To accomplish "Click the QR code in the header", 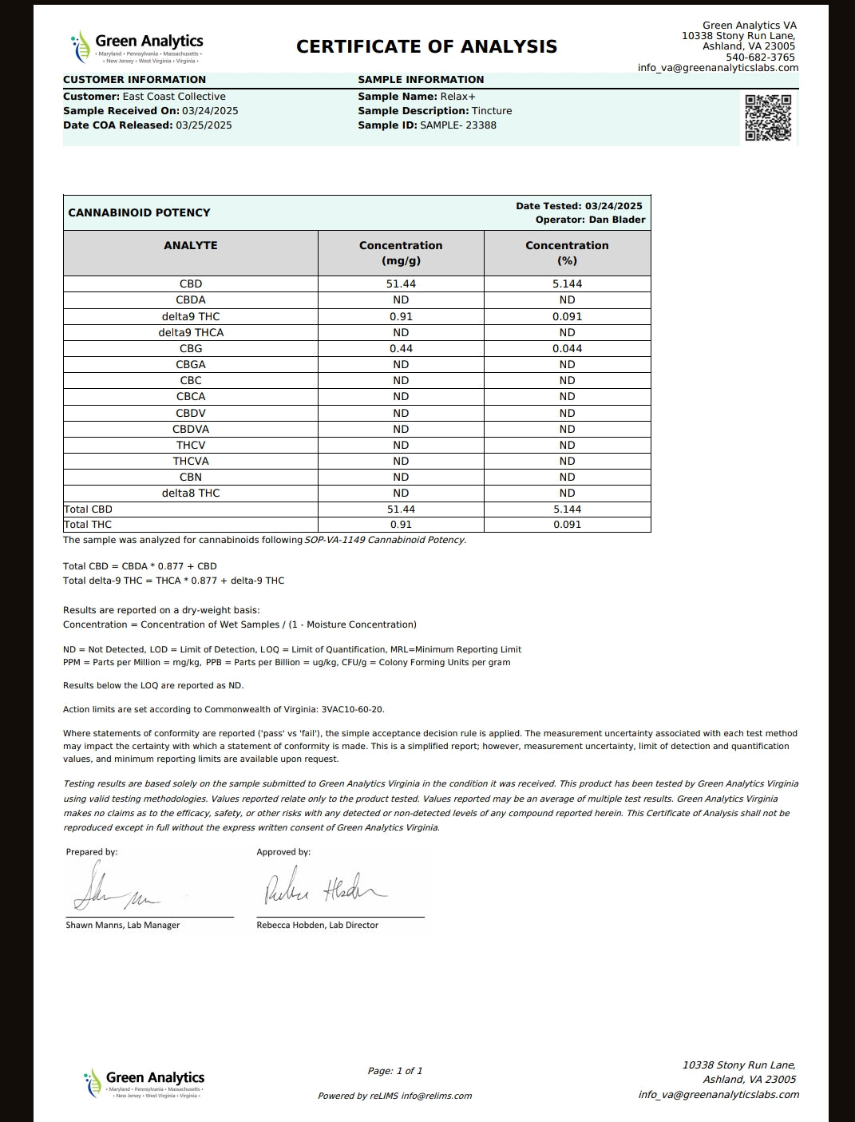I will click(768, 117).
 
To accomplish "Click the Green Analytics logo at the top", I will click(137, 47).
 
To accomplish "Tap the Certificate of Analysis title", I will click(426, 46).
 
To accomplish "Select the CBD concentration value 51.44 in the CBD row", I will click(401, 283).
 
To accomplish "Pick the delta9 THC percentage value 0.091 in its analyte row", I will click(567, 316).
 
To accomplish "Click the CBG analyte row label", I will click(191, 348).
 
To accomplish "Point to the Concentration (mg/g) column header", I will click(401, 252).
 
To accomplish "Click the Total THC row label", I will click(88, 525).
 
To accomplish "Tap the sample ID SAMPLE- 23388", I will click(458, 125).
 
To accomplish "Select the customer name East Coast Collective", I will click(174, 97).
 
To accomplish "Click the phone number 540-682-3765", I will click(760, 57).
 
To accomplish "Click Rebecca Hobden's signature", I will click(323, 887).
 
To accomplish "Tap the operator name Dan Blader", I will click(617, 220).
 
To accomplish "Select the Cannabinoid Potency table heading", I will click(139, 212).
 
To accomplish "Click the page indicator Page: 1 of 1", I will click(395, 1071).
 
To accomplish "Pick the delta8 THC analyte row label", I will click(191, 493).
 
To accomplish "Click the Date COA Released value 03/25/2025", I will click(204, 125).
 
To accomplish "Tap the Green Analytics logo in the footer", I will click(144, 1084).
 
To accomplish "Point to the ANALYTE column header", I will click(191, 245).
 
